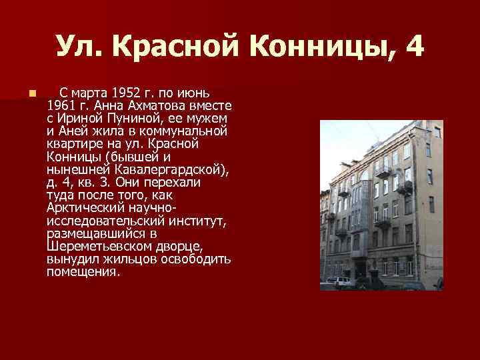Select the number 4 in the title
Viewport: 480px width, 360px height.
pyautogui.click(x=413, y=47)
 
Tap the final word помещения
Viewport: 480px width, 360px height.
pyautogui.click(x=83, y=272)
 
